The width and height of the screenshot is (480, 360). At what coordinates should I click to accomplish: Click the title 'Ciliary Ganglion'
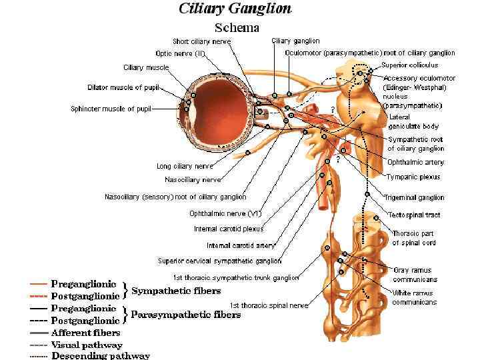coord(235,9)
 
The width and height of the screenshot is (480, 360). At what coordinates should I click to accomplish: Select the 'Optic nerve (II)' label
coord(180,53)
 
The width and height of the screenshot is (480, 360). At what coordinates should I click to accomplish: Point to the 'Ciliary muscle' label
coord(146,67)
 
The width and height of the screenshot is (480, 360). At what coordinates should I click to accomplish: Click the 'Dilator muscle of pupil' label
coord(125,87)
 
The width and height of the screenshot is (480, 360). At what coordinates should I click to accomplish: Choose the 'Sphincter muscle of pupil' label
coord(111,109)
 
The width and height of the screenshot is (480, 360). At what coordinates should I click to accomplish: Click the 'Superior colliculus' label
coord(410,65)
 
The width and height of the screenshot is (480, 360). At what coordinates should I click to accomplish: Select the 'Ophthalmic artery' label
coord(415,163)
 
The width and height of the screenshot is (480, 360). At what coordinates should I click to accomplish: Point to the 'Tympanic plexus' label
coord(413,177)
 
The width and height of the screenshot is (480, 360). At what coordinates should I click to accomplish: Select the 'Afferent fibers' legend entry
coord(86,332)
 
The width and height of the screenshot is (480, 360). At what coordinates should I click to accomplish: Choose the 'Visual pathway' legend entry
coord(87,345)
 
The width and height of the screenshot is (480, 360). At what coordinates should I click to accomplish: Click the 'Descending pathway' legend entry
coord(100,355)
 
